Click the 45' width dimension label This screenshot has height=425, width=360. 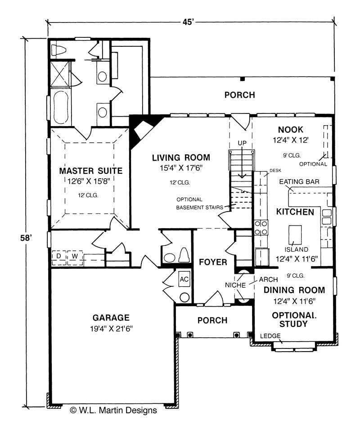[188, 22]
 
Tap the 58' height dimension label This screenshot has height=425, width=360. [26, 238]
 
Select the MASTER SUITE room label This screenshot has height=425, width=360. [91, 171]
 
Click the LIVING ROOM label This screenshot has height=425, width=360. [181, 158]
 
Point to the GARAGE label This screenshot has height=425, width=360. [111, 317]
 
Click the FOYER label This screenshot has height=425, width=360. [213, 262]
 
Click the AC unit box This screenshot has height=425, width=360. [184, 280]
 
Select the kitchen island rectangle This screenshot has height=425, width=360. [295, 235]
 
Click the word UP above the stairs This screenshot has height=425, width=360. [242, 143]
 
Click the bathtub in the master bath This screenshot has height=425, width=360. [61, 107]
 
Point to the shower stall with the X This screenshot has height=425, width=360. [60, 74]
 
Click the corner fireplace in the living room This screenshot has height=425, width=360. [143, 130]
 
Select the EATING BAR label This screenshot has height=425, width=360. [299, 181]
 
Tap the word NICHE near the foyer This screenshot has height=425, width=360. [235, 285]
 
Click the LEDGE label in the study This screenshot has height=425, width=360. [270, 336]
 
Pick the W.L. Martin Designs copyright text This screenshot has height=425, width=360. [113, 411]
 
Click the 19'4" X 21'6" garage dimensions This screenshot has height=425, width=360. [111, 329]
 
